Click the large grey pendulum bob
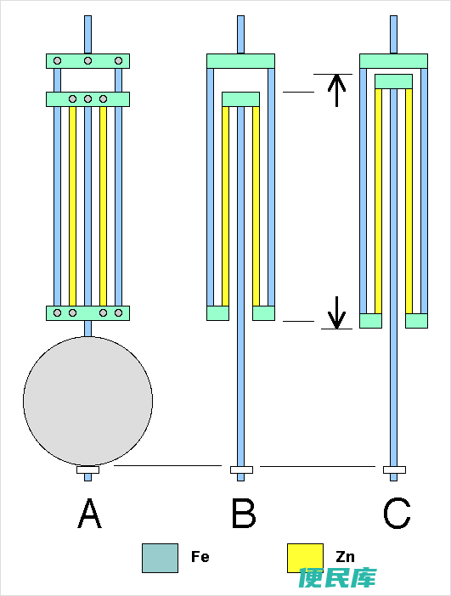pos(87,401)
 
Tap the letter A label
pos(90,514)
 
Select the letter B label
pos(244,514)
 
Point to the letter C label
pos(397,514)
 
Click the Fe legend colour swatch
pos(160,558)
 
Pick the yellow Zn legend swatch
pos(305,558)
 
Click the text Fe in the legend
pos(200,557)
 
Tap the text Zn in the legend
pos(346,557)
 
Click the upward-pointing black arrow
pos(337,91)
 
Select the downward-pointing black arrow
pos(337,312)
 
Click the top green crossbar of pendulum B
pos(240,61)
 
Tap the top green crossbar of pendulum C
pos(393,61)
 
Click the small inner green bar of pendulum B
pos(240,99)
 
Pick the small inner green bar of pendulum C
pos(393,82)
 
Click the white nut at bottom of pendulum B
pos(241,469)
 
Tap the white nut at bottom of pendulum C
pos(394,469)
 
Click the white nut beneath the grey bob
pos(87,469)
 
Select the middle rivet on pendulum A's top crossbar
pos(87,61)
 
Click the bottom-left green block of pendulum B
pos(218,313)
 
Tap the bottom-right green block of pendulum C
pos(416,321)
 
